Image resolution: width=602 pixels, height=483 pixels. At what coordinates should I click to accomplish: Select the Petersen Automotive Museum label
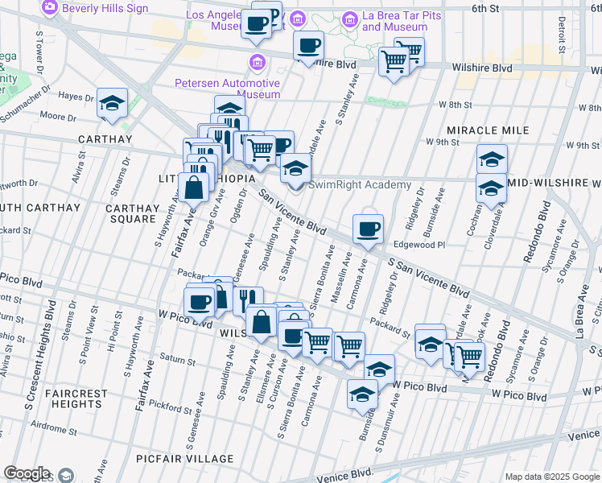point(228,89)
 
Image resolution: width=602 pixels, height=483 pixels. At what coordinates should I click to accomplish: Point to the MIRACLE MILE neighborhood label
point(488,130)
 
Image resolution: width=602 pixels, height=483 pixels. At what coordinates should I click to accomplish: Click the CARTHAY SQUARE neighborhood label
point(131,213)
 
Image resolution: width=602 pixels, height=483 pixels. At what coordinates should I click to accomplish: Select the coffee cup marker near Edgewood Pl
point(368,229)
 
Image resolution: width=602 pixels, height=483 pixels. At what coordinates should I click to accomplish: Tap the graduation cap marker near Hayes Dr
point(112,103)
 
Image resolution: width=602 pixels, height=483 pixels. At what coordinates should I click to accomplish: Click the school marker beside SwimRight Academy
point(295,169)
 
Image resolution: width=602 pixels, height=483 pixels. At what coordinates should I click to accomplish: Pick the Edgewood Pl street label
point(419,245)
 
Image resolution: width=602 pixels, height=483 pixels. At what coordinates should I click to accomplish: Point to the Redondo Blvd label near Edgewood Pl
point(530,238)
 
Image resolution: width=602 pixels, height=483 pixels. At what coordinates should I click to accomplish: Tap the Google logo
point(27,474)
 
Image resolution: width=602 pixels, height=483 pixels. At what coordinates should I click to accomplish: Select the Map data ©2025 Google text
point(551,477)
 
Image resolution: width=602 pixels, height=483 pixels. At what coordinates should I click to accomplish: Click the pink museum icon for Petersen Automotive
point(257,62)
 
